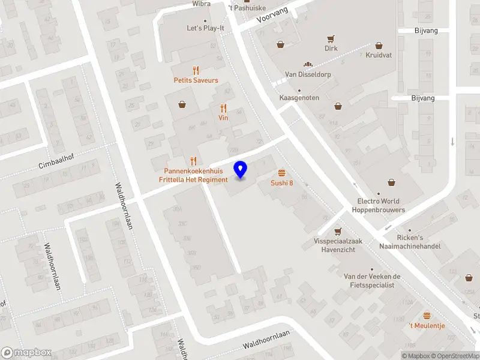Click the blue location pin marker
pos(241,170)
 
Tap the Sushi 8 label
pos(281,183)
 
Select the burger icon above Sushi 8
pos(281,172)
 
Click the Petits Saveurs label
pos(196,80)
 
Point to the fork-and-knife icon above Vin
pos(223,109)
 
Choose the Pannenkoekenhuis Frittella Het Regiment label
pos(193,175)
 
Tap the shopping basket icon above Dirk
pos(331,39)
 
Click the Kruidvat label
pos(378,55)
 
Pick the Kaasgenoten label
pos(299,98)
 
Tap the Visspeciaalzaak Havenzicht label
pos(340,245)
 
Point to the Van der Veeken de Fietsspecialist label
pos(371,280)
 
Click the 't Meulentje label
pos(427,325)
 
